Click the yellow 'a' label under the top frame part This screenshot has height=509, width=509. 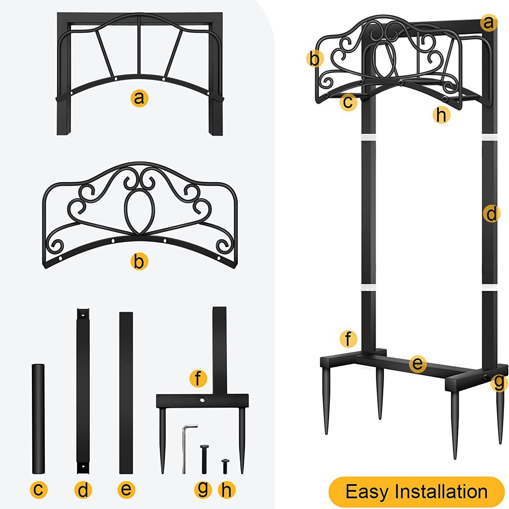pos(139,98)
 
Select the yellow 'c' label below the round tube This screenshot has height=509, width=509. pos(38,489)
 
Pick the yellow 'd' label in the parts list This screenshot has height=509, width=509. pos(83,489)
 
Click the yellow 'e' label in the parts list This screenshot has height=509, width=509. pos(126,489)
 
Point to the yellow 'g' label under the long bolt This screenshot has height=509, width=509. pos(203,488)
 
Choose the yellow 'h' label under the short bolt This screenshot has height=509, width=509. pos(226,489)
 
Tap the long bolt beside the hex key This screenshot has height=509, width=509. pos(204,458)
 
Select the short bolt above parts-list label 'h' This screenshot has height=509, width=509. pos(224,466)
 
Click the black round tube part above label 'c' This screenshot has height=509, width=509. pos(38,418)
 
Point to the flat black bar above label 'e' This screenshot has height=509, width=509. pos(126,392)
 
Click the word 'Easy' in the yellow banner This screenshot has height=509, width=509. pos(367,492)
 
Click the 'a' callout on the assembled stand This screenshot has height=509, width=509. pos(488,23)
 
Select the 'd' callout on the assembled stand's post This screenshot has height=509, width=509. pos(491,213)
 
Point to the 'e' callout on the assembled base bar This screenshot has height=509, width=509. pos(417,364)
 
